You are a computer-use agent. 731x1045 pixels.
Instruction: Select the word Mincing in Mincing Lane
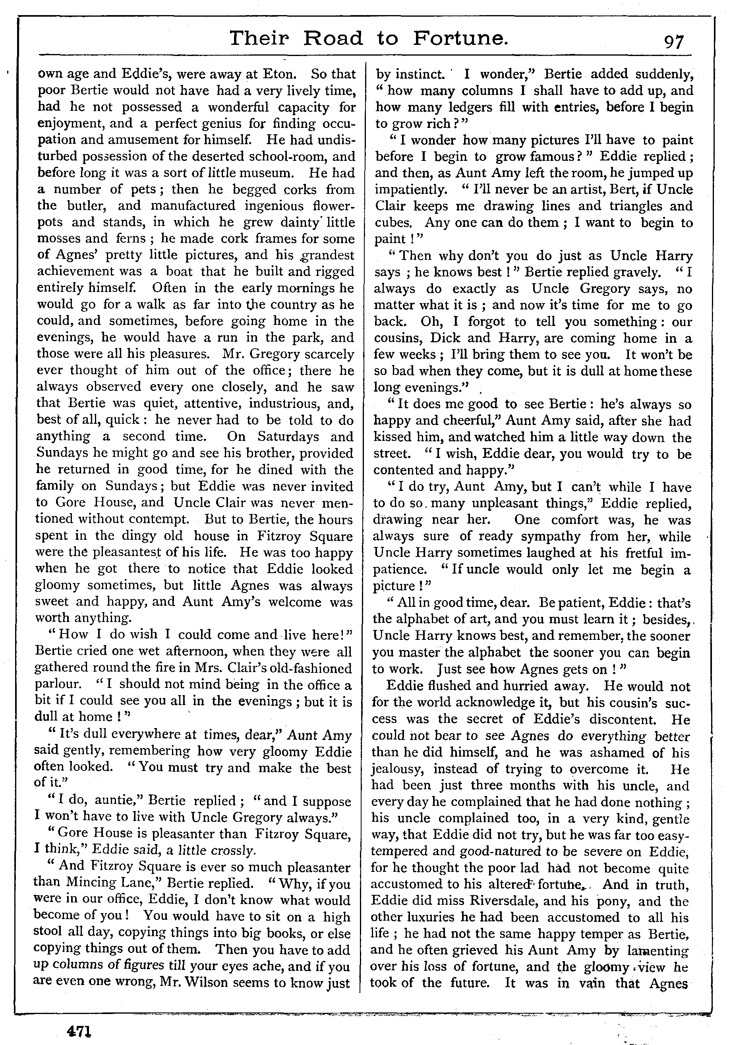(x=94, y=883)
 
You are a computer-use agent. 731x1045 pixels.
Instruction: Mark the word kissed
(x=393, y=437)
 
